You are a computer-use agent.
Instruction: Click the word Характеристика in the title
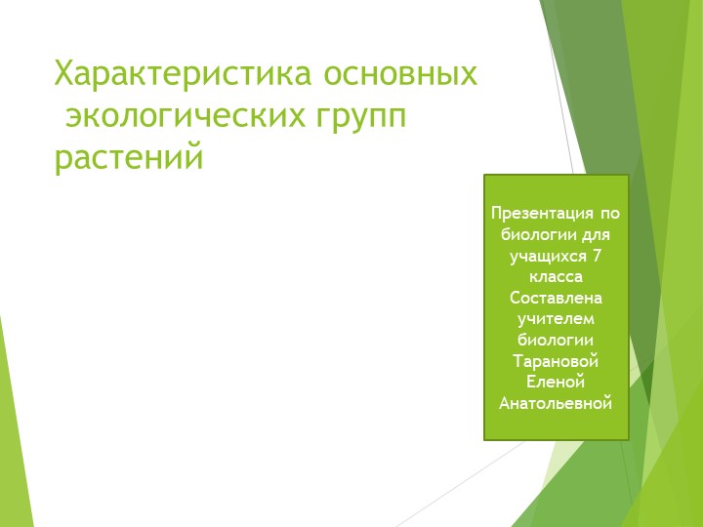click(x=184, y=74)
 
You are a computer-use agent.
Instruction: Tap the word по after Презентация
click(x=610, y=213)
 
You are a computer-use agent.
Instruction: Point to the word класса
click(x=556, y=276)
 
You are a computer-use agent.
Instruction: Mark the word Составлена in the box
click(x=556, y=298)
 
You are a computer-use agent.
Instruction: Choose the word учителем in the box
click(x=556, y=318)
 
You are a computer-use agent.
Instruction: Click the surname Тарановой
click(x=556, y=361)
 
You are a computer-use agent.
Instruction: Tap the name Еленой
click(x=556, y=382)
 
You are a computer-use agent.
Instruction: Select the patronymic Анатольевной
click(x=556, y=403)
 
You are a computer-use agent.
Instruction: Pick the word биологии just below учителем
click(x=556, y=340)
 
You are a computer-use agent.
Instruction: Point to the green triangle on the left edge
click(x=12, y=439)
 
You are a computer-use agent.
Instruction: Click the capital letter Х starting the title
click(x=62, y=74)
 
